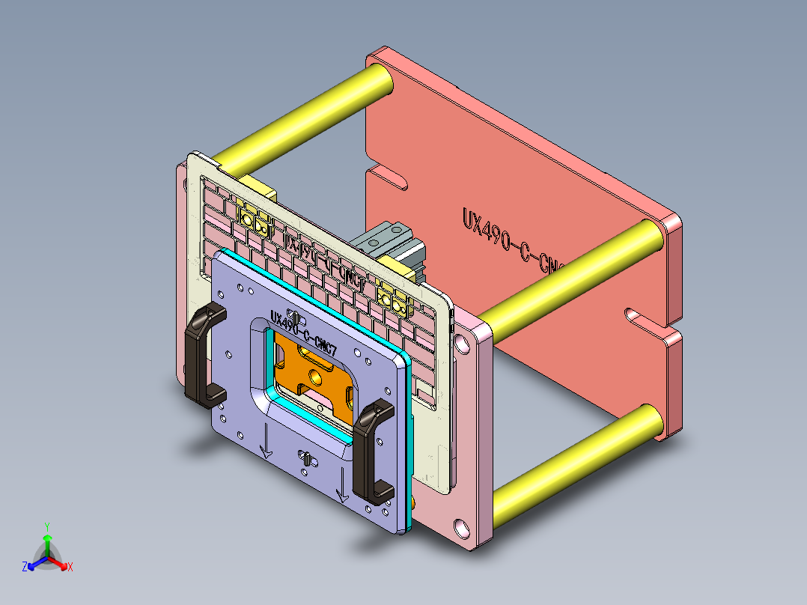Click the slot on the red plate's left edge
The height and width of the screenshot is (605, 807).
click(389, 180)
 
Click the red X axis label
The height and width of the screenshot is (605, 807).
click(70, 568)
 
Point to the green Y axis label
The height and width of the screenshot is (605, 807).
click(46, 526)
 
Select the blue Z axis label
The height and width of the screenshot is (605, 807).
click(25, 567)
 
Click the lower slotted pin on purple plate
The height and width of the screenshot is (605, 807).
click(306, 457)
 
